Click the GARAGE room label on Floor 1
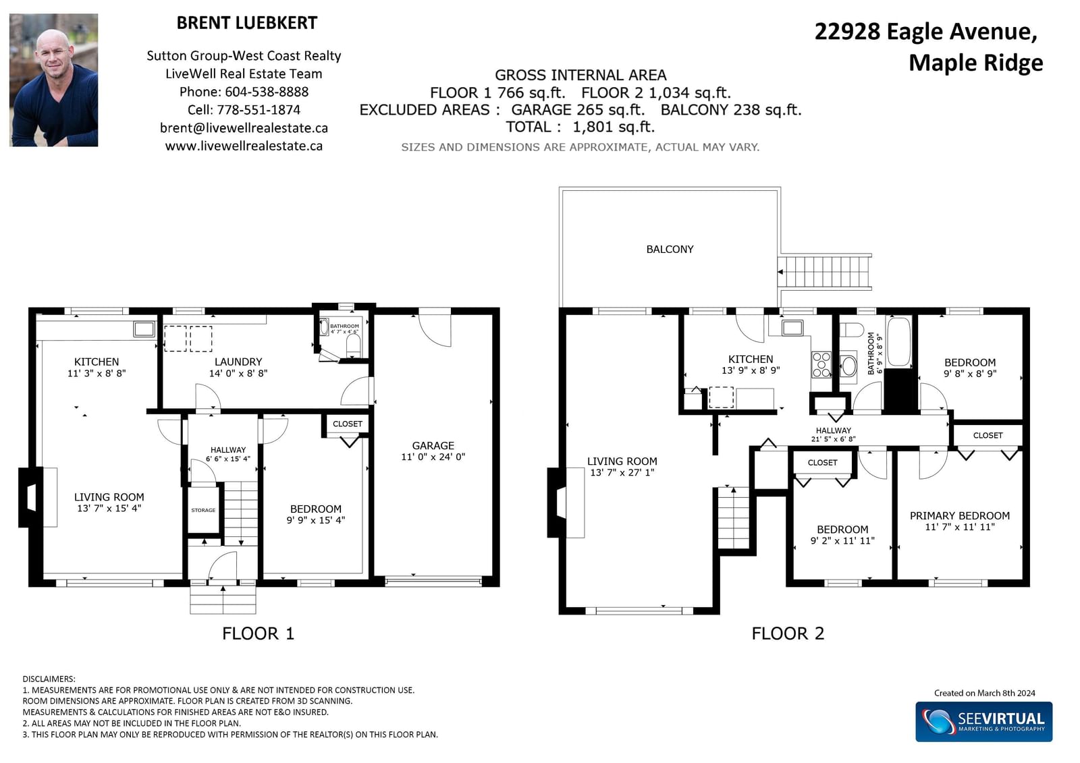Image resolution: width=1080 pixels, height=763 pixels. (x=433, y=445)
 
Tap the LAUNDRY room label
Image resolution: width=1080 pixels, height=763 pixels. (x=238, y=362)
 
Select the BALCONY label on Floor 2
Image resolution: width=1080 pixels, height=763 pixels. (x=670, y=249)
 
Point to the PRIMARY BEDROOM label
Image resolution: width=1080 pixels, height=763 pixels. (x=959, y=515)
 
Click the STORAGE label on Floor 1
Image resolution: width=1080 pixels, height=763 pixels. (x=203, y=510)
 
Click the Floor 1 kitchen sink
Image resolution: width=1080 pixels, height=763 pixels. (x=144, y=329)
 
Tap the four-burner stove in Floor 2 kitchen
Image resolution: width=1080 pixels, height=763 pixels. (x=821, y=365)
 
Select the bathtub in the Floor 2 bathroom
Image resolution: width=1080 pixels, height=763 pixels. (x=898, y=342)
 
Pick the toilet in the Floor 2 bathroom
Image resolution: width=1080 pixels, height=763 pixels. (x=851, y=330)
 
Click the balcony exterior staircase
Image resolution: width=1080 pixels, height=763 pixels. (x=824, y=272)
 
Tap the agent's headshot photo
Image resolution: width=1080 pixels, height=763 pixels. (x=53, y=80)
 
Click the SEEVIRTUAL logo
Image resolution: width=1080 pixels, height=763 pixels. (x=983, y=722)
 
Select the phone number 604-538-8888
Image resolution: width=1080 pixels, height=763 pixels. (x=267, y=92)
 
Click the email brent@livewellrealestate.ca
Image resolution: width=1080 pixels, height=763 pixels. (x=244, y=128)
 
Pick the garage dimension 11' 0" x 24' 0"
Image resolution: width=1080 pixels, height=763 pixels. (x=433, y=457)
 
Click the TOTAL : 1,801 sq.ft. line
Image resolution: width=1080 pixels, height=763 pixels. (x=580, y=127)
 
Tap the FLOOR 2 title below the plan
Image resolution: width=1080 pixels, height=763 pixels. (x=788, y=633)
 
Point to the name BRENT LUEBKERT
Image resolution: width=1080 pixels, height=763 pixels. (x=247, y=23)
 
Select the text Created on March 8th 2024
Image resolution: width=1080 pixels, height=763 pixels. (x=985, y=693)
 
